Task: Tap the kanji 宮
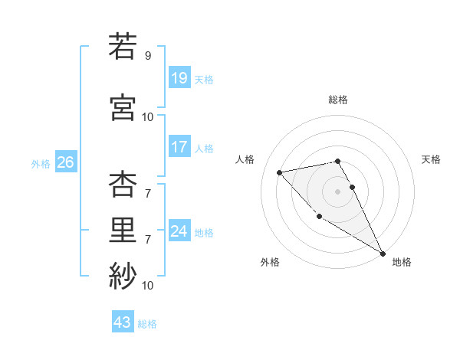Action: [123, 106]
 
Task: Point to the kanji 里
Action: [123, 229]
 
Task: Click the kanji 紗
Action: [123, 274]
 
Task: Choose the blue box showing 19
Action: [179, 77]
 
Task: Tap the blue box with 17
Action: [179, 147]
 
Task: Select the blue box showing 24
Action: [179, 231]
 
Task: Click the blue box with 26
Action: [65, 162]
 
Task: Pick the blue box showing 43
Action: [123, 322]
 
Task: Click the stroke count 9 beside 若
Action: [147, 55]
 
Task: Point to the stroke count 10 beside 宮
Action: [148, 116]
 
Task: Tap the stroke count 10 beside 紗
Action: [148, 285]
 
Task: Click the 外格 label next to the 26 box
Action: [41, 163]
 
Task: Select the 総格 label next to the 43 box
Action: [147, 324]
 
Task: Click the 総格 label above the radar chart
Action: [337, 100]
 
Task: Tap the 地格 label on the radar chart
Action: [402, 262]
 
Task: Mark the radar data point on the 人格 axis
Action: [280, 172]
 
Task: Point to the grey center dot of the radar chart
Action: [337, 191]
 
